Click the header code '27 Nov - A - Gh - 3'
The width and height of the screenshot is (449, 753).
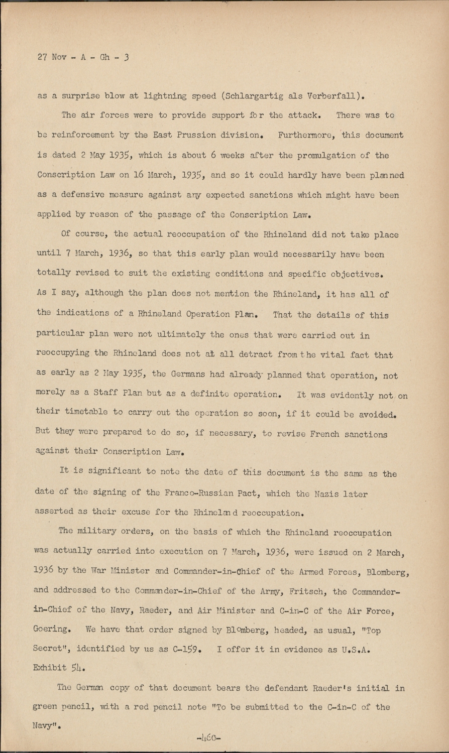(x=83, y=57)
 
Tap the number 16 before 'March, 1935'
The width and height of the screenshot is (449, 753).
(x=139, y=175)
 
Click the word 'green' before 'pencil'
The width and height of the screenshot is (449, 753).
(x=45, y=707)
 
